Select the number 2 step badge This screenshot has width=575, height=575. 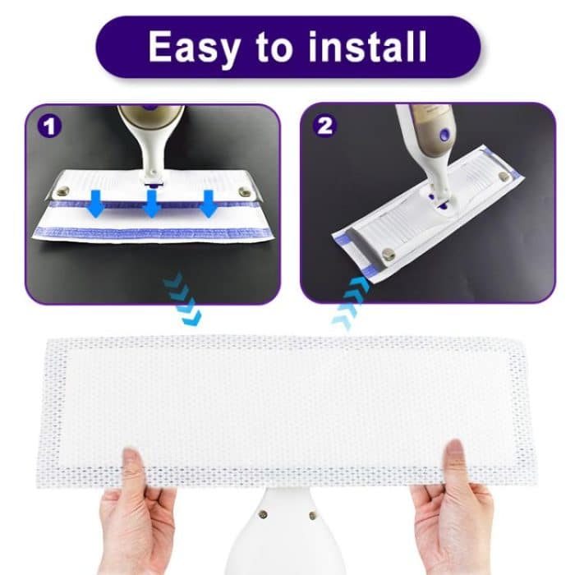coord(325,127)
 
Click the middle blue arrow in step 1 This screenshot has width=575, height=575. coord(151,204)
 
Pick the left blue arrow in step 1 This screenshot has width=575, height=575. coord(95,204)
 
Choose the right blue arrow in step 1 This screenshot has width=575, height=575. coord(208,202)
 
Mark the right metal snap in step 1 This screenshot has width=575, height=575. coord(245,192)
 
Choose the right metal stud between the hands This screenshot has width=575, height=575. coord(312,515)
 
